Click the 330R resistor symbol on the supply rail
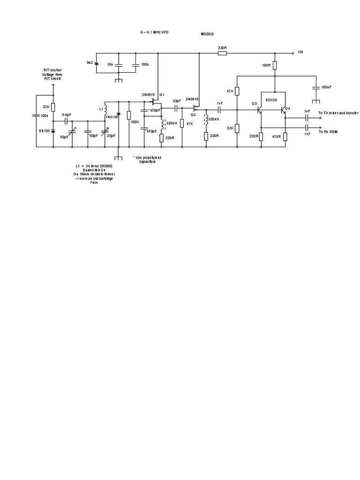coord(223,53)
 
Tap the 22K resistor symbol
coord(53,107)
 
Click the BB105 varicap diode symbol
coord(53,131)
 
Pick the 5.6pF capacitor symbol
coord(66,121)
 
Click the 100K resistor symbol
coord(128,115)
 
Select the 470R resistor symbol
coord(285,136)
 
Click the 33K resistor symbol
coord(237,128)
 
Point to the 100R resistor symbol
coord(275,65)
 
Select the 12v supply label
coord(300,52)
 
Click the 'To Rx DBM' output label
coord(328,132)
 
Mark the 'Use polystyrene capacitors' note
coord(147,159)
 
